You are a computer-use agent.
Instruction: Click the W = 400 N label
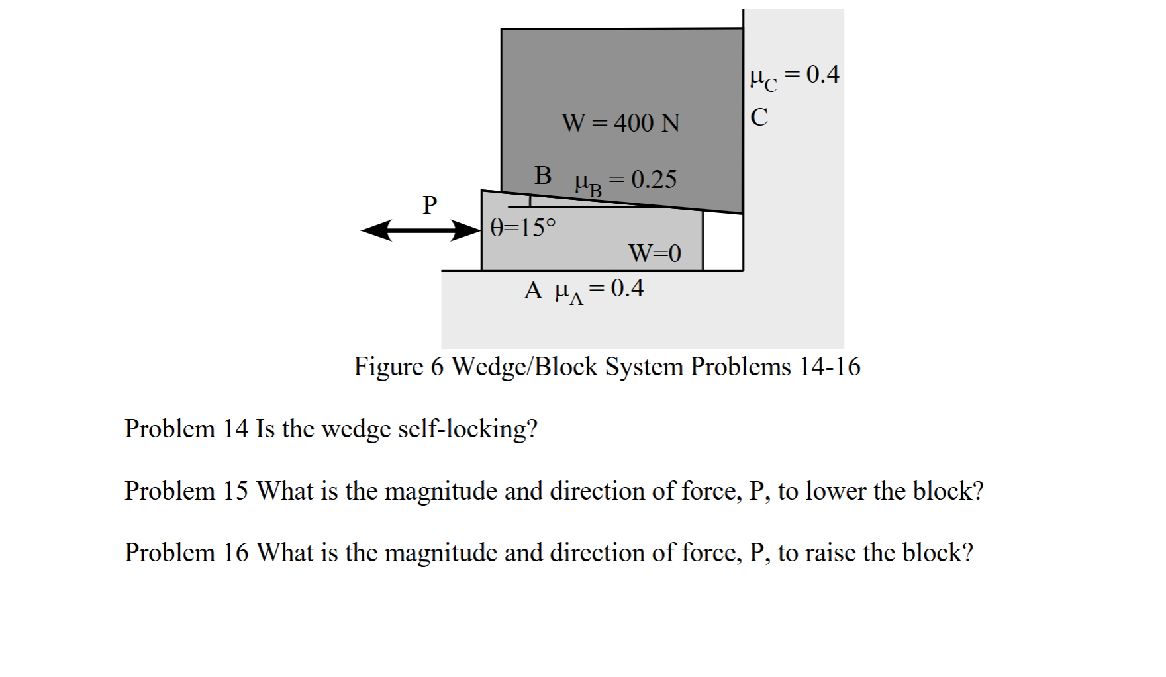point(620,123)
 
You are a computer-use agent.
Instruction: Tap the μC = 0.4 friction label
point(795,76)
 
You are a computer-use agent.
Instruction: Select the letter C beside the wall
point(759,118)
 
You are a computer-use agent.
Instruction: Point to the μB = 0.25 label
point(626,181)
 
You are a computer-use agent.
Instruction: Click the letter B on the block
point(543,175)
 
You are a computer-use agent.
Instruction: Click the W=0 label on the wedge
point(654,253)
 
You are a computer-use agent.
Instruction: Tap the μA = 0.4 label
point(599,290)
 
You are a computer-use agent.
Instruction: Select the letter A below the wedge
point(534,291)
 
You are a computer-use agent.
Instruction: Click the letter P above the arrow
point(430,204)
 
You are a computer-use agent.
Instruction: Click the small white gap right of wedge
point(722,242)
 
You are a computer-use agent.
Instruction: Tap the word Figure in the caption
point(388,367)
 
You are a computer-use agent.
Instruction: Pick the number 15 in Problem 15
point(236,491)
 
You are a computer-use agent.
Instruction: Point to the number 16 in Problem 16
point(236,553)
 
